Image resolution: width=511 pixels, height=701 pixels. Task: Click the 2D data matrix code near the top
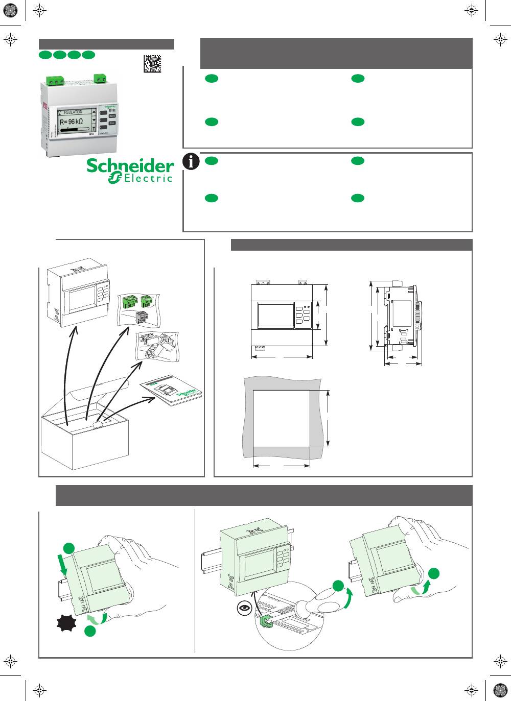pos(152,63)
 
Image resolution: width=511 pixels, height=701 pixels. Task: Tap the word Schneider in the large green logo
pos(130,166)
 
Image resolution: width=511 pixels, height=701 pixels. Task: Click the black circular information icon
pos(191,161)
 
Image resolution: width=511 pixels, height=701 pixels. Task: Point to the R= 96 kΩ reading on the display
pos(72,122)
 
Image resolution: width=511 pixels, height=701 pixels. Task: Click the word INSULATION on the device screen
pos(73,112)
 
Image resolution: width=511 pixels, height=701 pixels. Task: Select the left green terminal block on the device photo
pos(53,80)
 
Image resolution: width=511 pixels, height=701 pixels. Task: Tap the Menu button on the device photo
pos(112,116)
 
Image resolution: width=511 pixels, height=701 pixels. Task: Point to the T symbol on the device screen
pos(94,129)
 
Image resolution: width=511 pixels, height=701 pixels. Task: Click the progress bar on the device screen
pos(74,130)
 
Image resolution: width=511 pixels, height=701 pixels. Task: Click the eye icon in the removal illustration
pos(245,608)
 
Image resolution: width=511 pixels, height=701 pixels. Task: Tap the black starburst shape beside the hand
pos(66,623)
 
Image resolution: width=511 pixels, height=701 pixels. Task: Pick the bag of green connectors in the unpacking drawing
pos(138,307)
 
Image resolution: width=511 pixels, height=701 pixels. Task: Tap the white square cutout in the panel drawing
pos(281,418)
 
